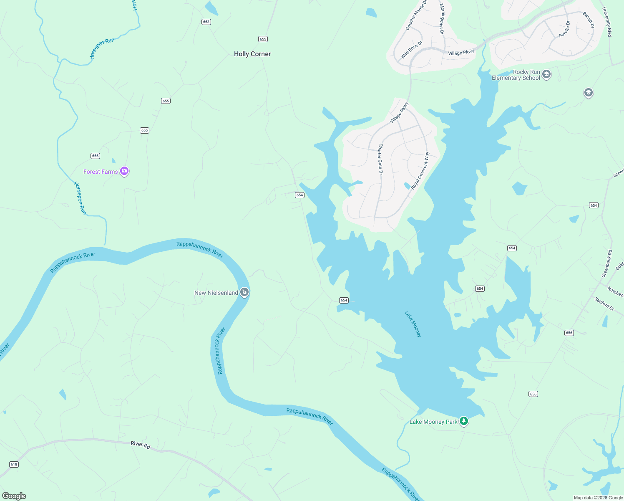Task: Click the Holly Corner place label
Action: click(x=252, y=54)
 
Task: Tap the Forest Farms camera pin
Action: click(x=124, y=171)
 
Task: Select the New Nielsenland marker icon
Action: click(x=244, y=292)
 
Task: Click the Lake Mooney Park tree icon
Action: click(x=463, y=421)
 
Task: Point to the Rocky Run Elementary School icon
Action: click(x=546, y=75)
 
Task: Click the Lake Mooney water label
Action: click(x=413, y=324)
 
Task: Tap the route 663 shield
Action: click(x=206, y=22)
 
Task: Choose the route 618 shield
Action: click(x=14, y=464)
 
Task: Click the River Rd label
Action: click(x=140, y=445)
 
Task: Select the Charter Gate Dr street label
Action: click(x=380, y=159)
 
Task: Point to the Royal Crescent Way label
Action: click(x=420, y=171)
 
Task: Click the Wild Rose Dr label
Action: click(x=411, y=50)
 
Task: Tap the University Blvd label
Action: click(x=606, y=22)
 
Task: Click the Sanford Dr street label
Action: click(x=604, y=304)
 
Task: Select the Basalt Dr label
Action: click(x=589, y=20)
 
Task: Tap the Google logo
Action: click(x=14, y=496)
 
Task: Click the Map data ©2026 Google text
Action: click(x=598, y=498)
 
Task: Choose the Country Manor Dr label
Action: click(x=416, y=15)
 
